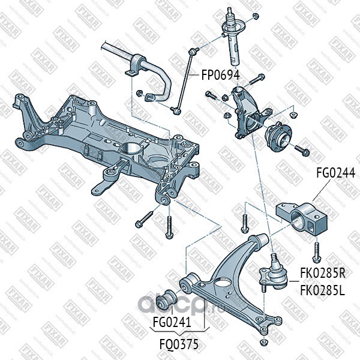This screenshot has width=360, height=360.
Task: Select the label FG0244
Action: coord(336,174)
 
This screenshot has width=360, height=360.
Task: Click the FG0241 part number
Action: coord(172,322)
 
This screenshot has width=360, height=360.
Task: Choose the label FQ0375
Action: coord(178,345)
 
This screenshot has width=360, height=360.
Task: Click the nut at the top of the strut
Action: coord(254,15)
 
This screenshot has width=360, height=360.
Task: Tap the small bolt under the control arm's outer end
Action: coord(262,341)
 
